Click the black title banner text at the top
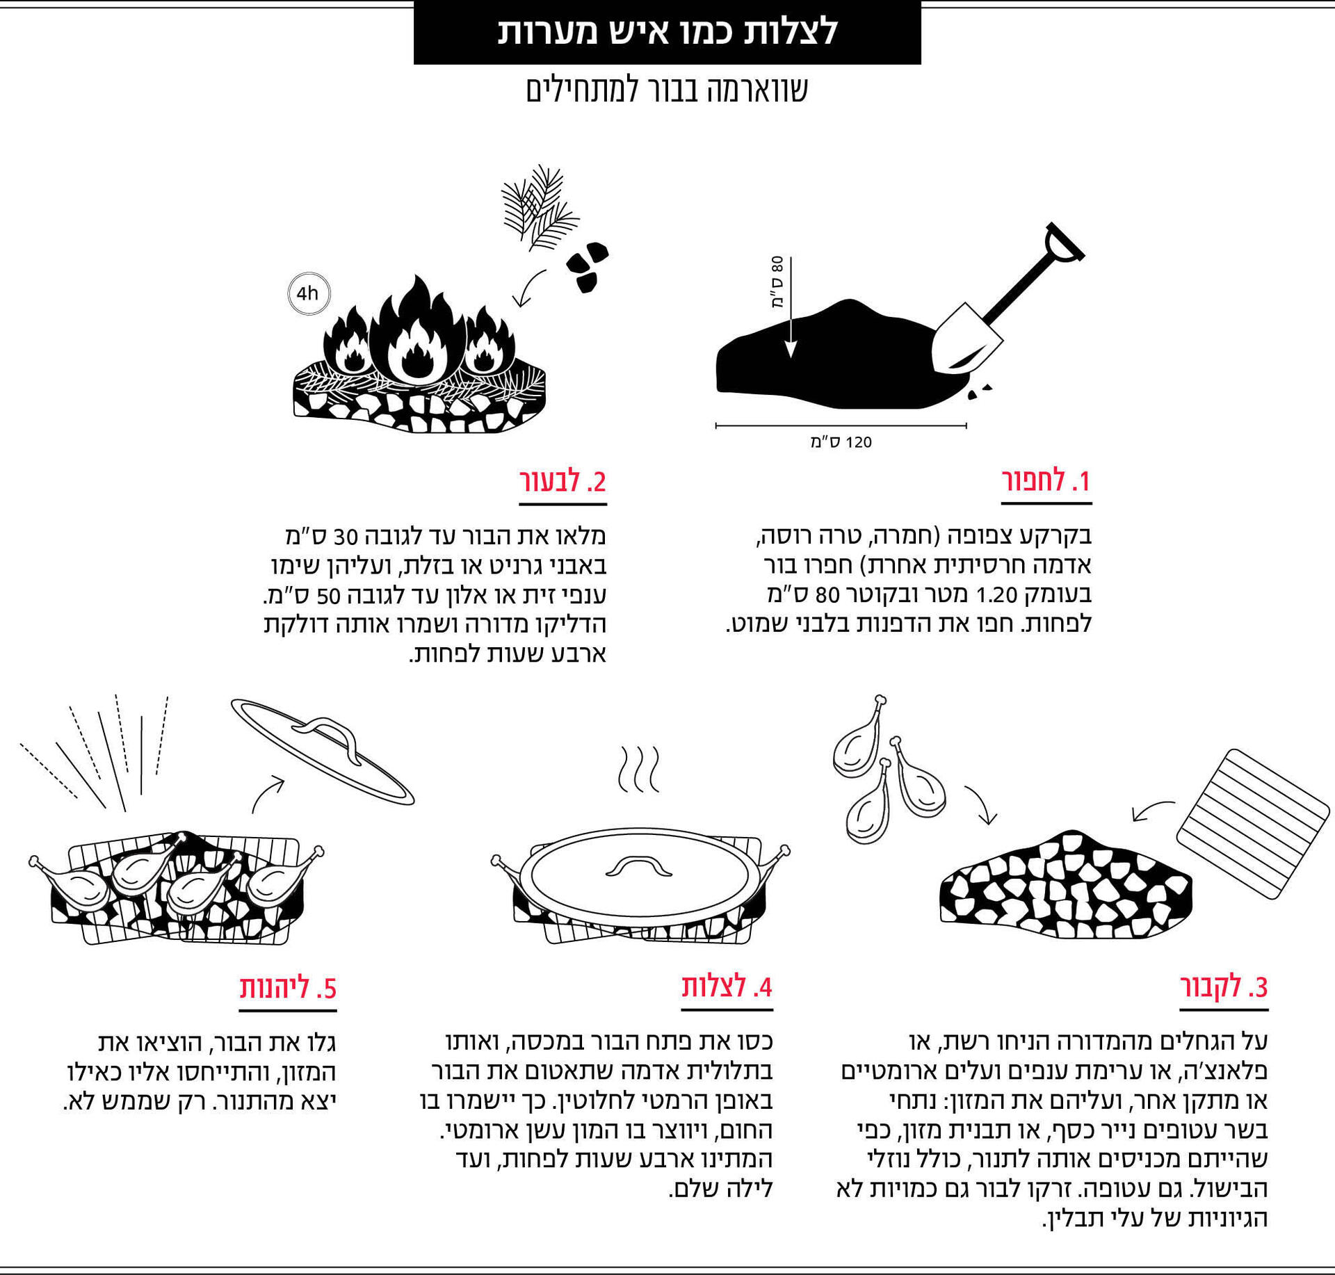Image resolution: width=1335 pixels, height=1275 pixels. point(667,32)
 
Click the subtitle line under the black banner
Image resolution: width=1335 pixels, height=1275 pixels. point(667,90)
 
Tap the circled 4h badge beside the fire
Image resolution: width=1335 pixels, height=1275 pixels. point(309,293)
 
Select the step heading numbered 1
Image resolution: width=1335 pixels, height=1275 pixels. point(1046,481)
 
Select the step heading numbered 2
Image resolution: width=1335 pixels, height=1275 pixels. point(563,481)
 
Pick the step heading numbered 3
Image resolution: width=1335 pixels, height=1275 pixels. point(1224,986)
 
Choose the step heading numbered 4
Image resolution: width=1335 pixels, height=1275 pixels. point(727,986)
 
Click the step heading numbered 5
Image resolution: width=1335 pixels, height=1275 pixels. point(288,988)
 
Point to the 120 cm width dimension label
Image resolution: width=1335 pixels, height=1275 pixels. point(841,442)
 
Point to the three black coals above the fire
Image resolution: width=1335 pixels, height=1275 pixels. point(587,266)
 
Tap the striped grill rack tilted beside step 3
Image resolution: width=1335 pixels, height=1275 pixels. point(1252,824)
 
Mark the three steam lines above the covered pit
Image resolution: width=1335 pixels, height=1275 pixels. point(638,770)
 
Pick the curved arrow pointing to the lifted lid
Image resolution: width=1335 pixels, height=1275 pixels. point(267,793)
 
